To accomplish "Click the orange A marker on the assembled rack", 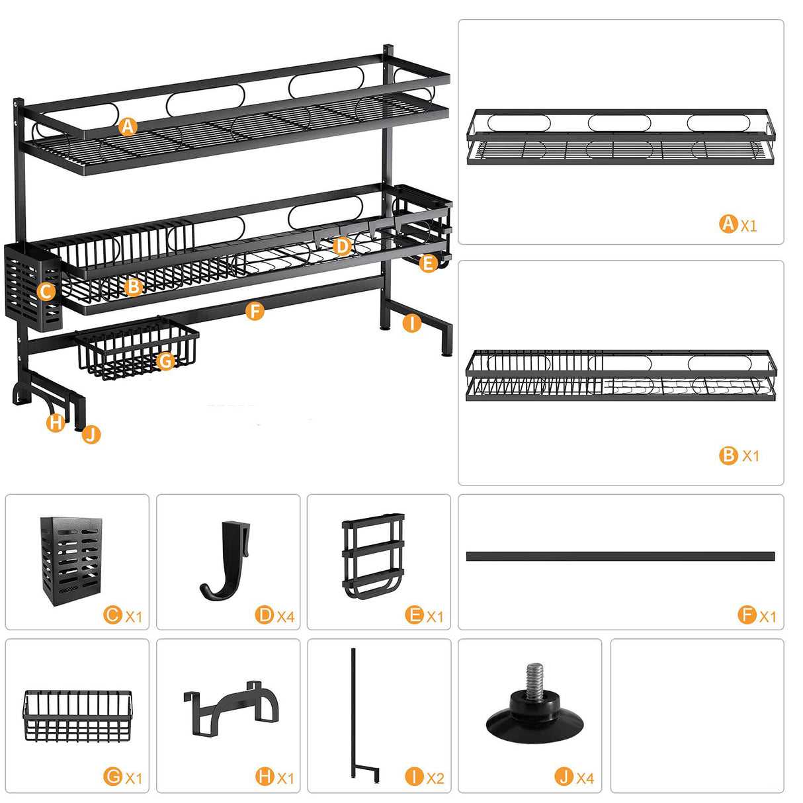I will click(128, 126).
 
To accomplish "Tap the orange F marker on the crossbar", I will click(255, 311).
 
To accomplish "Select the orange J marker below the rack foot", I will click(91, 435).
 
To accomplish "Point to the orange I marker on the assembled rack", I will click(411, 323).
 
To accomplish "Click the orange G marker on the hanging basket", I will click(165, 361).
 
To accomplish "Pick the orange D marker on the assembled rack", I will click(342, 246).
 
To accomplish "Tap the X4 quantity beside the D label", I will click(286, 616).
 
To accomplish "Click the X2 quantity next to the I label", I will click(435, 779).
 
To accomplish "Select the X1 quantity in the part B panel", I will click(751, 456).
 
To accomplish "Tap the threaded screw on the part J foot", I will click(534, 678).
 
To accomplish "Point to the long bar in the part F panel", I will click(620, 556).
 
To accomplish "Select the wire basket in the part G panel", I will click(77, 715).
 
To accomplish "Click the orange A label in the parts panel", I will click(728, 224).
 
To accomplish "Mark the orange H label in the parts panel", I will click(265, 777).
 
